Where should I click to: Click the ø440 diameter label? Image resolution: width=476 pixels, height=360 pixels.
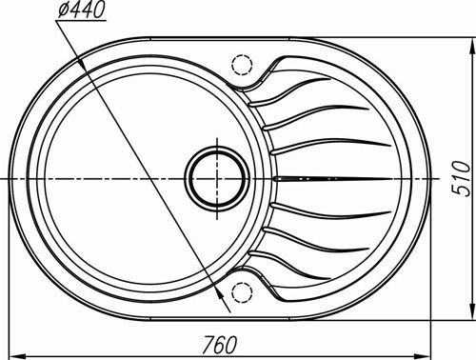(x=81, y=10)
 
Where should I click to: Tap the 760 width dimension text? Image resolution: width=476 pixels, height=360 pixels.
(x=220, y=345)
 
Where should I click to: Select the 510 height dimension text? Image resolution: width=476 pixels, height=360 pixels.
(x=461, y=179)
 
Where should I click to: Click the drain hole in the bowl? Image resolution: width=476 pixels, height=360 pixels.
(x=217, y=179)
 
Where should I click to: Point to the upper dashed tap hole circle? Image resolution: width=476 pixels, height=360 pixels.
(x=242, y=65)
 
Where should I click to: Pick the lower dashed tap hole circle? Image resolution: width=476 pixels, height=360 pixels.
(x=242, y=292)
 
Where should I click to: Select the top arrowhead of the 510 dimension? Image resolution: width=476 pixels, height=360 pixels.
(x=472, y=48)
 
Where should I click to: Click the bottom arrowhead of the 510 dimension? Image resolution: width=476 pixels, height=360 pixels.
(x=472, y=310)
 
